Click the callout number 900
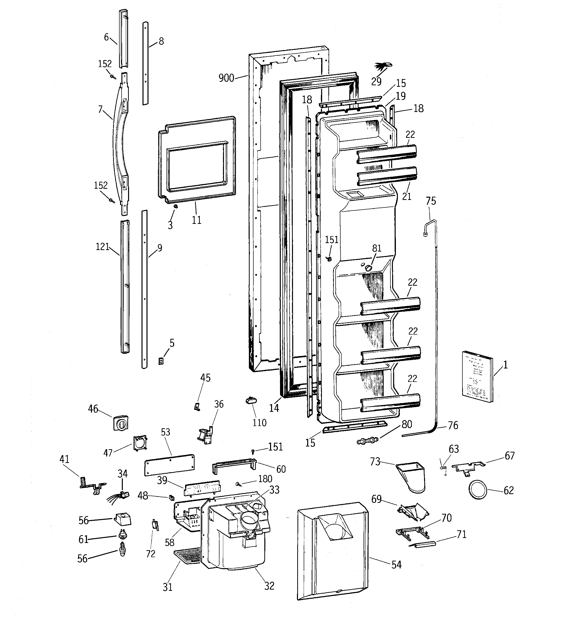(226, 78)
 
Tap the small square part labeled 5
(161, 361)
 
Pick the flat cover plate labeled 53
(169, 465)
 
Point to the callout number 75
(431, 201)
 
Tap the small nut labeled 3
(175, 206)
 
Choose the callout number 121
(102, 247)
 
